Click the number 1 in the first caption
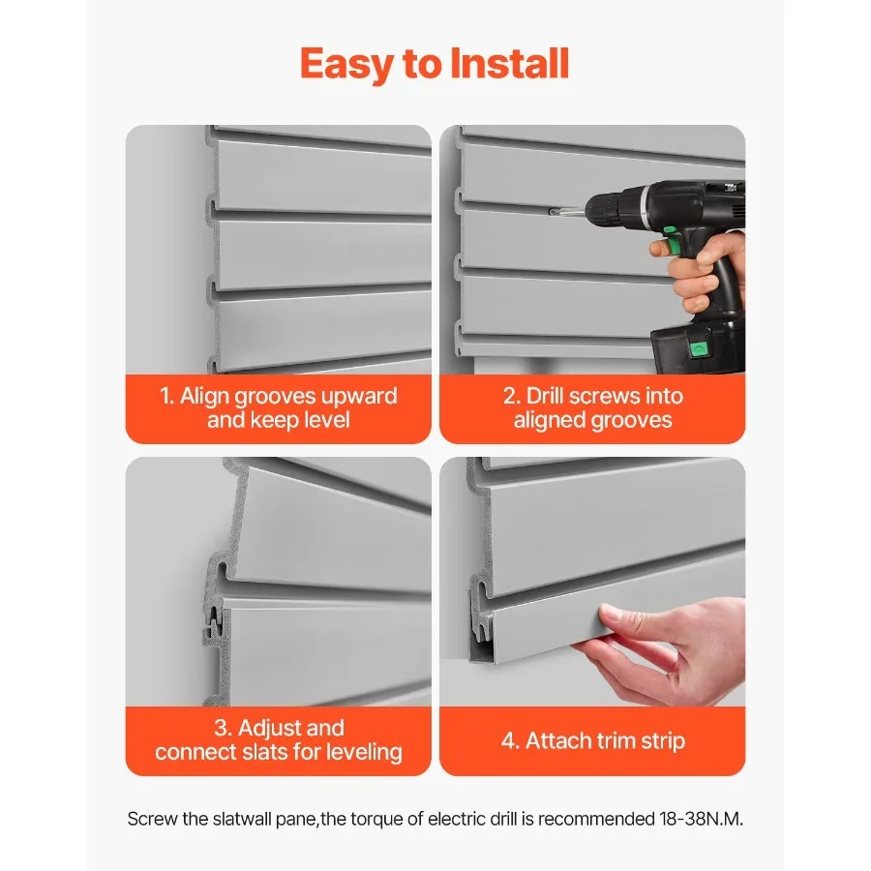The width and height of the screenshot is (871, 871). (165, 397)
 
